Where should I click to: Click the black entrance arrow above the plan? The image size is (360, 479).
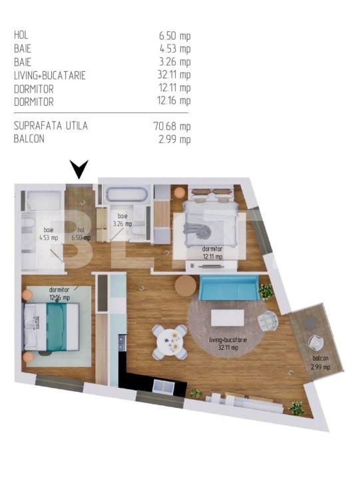pos(79,170)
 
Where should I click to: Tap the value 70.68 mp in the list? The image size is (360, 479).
pos(172,126)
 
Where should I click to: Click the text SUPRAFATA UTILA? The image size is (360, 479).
pos(51,126)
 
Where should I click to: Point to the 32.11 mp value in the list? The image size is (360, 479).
pos(172,75)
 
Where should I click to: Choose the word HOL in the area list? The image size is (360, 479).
pos(21,35)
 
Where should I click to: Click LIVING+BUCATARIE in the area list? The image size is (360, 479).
pos(49,75)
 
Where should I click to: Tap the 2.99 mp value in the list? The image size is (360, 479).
pos(174,139)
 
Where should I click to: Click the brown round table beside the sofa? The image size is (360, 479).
pos(186,286)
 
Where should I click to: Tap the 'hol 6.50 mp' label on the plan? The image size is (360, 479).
pos(78,233)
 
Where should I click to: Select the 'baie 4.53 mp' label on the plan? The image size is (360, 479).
pos(48,233)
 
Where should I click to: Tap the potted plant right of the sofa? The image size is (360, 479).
pos(266,291)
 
